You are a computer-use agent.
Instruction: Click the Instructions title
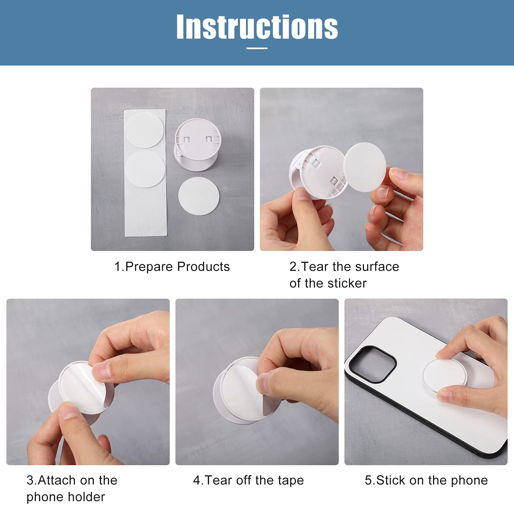click(257, 27)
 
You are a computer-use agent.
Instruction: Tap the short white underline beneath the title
click(257, 49)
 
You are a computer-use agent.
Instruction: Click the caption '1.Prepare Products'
click(172, 267)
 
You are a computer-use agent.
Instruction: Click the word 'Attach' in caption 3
click(57, 481)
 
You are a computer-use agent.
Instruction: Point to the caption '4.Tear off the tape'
click(248, 481)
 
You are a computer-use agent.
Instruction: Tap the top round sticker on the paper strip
click(145, 130)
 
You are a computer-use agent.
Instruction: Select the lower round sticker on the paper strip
click(145, 169)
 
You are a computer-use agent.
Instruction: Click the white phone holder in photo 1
click(197, 145)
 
